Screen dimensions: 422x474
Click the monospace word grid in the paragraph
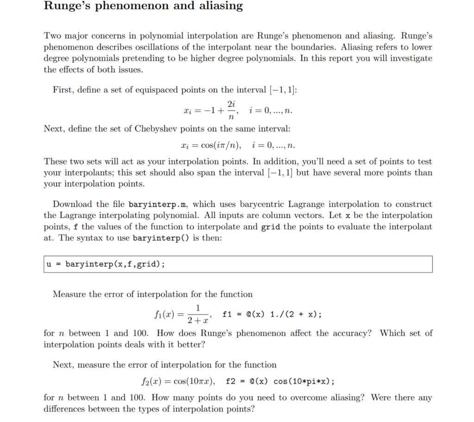(270, 227)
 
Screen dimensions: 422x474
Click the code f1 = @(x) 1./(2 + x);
(272, 315)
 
